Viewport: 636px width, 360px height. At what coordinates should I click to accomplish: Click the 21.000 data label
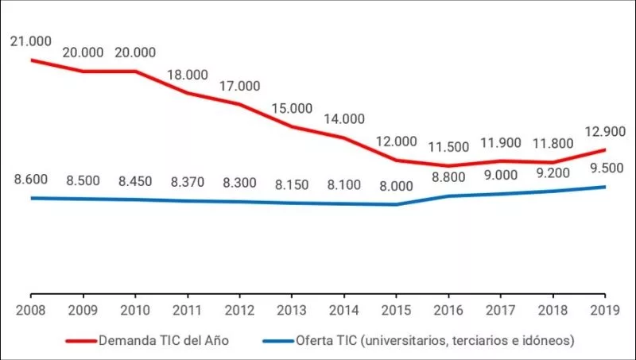click(29, 41)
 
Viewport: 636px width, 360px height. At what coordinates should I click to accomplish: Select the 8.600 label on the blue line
click(29, 180)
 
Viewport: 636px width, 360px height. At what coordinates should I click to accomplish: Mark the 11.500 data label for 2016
click(449, 147)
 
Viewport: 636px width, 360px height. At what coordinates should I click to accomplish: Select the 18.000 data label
click(187, 75)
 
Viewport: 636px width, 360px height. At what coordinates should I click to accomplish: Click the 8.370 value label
click(187, 181)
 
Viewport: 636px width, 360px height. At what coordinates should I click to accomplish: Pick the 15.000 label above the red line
click(292, 108)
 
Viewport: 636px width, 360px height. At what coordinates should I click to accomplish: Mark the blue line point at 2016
click(449, 195)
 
